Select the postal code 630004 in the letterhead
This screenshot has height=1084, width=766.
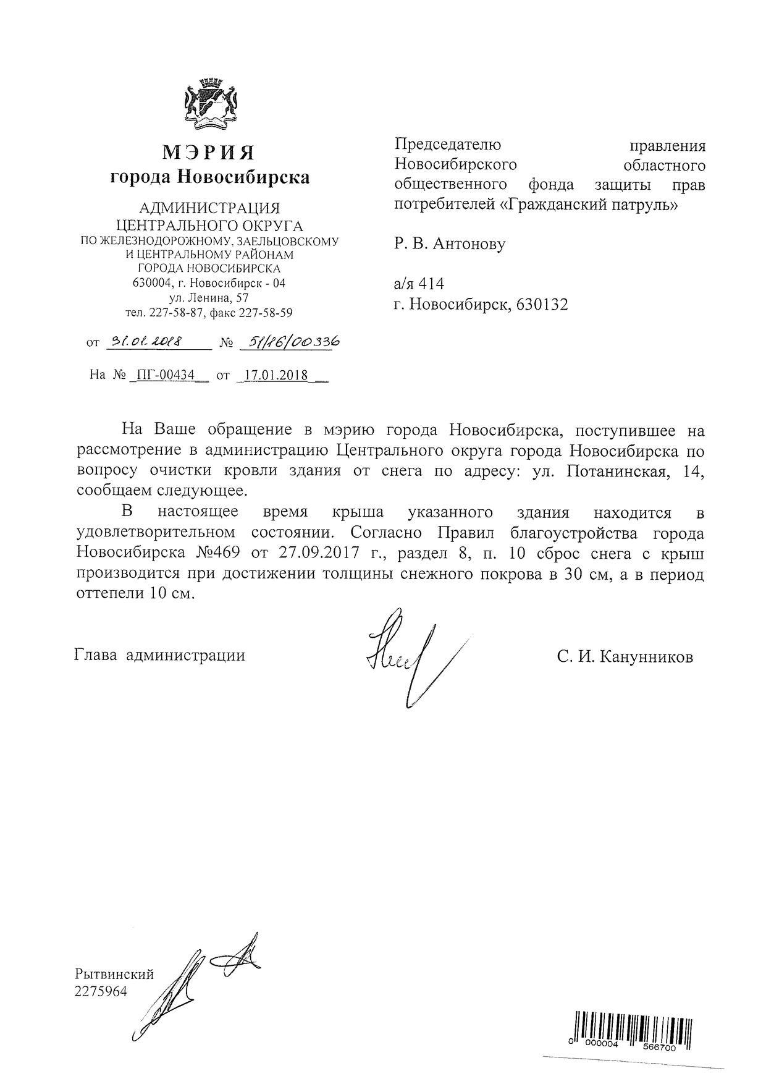point(151,284)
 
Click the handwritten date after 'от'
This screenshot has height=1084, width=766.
point(142,342)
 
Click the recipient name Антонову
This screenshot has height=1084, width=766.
point(469,244)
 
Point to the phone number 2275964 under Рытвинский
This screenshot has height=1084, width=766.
point(100,992)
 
